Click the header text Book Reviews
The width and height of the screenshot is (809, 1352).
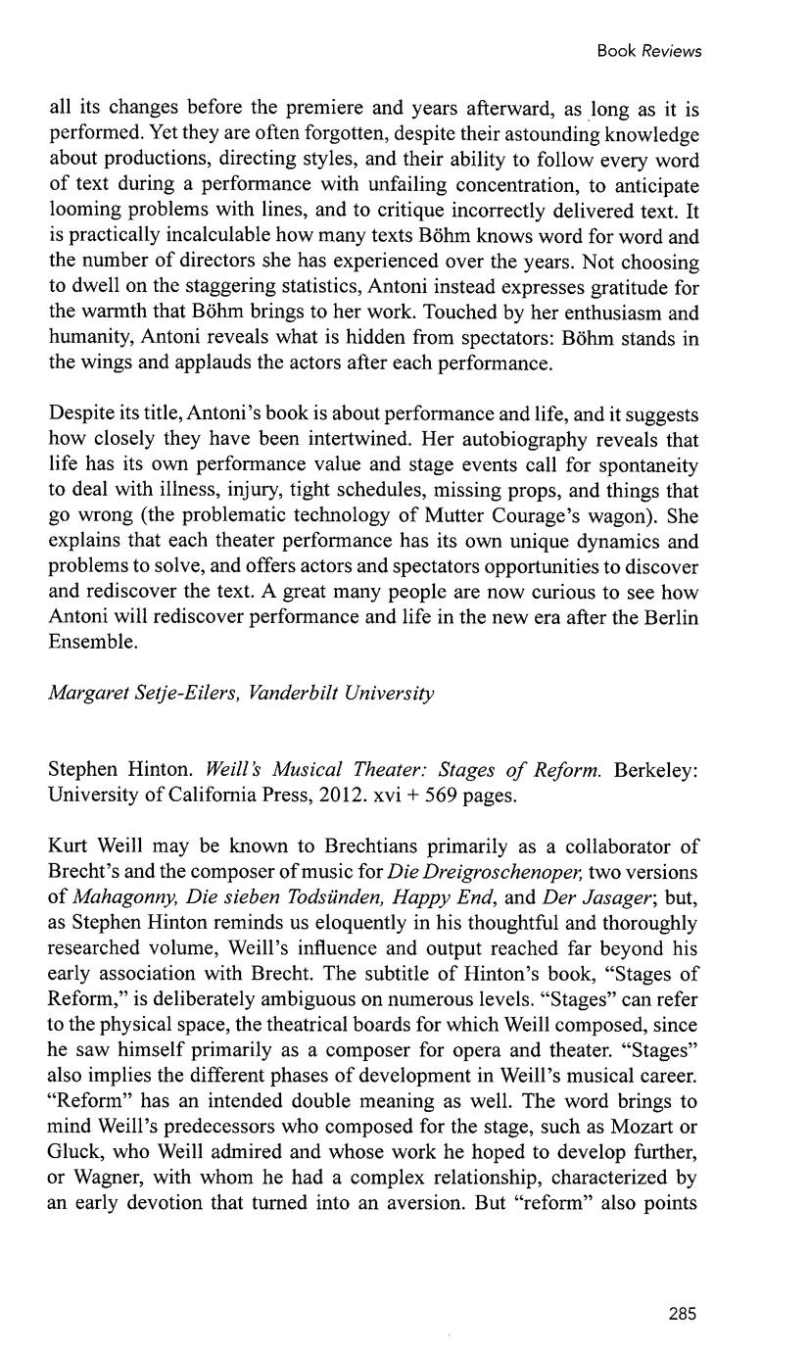coord(649,51)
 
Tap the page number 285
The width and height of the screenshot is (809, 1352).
coord(682,1315)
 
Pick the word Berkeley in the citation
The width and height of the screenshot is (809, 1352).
coord(657,770)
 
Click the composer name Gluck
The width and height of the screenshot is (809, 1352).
coord(74,1152)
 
